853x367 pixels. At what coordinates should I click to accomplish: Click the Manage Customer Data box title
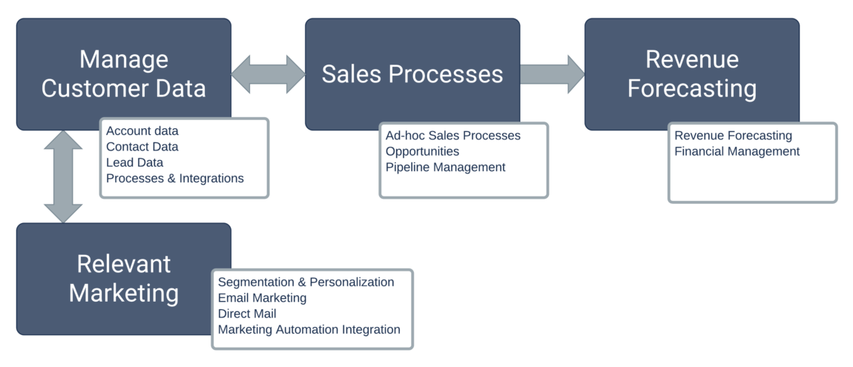tap(123, 73)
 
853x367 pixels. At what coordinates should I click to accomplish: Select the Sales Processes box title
tap(412, 73)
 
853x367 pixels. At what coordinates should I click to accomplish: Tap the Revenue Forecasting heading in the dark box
tap(691, 73)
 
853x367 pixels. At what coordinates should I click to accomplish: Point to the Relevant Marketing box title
tap(123, 278)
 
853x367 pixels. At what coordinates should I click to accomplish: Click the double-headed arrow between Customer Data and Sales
tap(268, 73)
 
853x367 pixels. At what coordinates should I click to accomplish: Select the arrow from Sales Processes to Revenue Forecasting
tap(552, 73)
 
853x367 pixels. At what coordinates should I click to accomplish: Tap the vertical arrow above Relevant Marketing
tap(63, 176)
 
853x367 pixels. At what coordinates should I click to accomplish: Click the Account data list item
tap(142, 131)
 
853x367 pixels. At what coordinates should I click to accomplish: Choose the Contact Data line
tap(142, 147)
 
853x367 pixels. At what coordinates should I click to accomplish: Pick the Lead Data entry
tap(134, 162)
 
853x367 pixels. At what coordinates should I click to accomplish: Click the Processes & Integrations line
tap(174, 178)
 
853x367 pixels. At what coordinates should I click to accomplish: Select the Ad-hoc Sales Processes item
tap(452, 136)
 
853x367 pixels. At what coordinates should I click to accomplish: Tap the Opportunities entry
tap(422, 151)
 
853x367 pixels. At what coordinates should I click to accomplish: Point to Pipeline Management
tap(445, 167)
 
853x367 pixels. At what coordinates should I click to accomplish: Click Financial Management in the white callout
tap(737, 151)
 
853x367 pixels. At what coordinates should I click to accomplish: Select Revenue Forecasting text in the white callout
tap(733, 136)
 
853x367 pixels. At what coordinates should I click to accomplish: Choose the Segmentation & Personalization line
tap(306, 282)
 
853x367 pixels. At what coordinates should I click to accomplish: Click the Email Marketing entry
tap(262, 298)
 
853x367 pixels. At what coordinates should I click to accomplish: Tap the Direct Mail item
tap(247, 314)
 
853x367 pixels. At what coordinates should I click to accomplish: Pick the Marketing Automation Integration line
tap(309, 329)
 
